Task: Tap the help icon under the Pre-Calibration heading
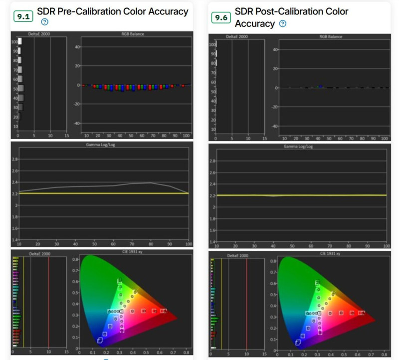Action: pyautogui.click(x=44, y=22)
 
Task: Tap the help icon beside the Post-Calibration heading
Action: pyautogui.click(x=283, y=24)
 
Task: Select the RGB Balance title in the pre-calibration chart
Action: pyautogui.click(x=134, y=34)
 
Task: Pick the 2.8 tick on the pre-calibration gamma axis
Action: pyautogui.click(x=14, y=159)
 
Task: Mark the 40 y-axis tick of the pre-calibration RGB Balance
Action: pyautogui.click(x=77, y=47)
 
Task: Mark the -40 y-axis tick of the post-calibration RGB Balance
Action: pyautogui.click(x=274, y=126)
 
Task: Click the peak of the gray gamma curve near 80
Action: pyautogui.click(x=151, y=182)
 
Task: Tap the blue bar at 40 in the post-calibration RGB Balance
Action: pyautogui.click(x=320, y=86)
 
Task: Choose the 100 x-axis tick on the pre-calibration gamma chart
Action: pyautogui.click(x=188, y=244)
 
